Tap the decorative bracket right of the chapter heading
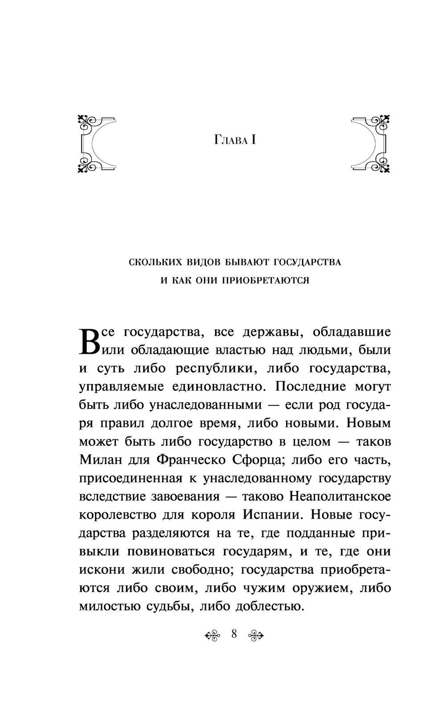(371, 143)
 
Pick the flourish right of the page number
(256, 634)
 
